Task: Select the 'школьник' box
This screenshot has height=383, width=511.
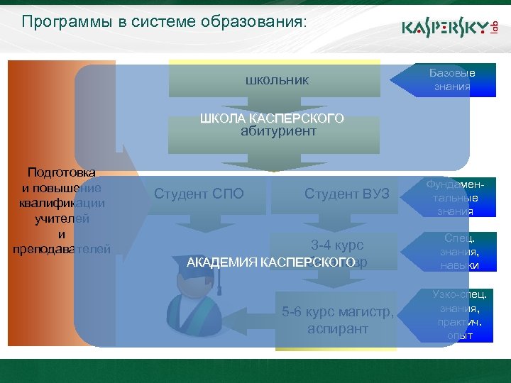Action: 277,80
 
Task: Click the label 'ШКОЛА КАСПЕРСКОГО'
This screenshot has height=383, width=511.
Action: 273,118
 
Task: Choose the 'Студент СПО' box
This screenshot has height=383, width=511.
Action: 199,193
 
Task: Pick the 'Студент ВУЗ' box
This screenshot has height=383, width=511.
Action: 347,193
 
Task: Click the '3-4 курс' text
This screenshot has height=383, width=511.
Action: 337,245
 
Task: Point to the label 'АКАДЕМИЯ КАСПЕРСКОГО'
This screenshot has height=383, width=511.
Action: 270,263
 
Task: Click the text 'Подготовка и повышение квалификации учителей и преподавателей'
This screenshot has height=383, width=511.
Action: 62,211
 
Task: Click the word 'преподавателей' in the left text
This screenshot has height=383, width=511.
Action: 62,249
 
